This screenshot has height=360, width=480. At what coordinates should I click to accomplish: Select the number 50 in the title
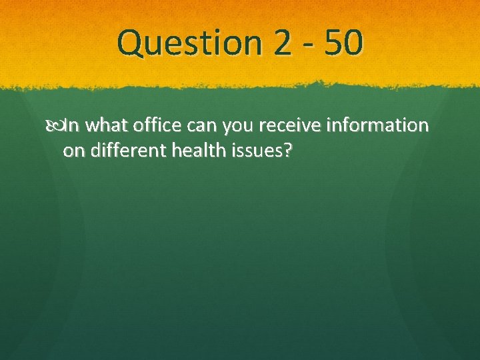[x=345, y=43]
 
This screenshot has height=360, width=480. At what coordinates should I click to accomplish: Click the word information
[x=384, y=125]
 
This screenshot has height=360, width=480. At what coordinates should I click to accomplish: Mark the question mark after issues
[x=287, y=150]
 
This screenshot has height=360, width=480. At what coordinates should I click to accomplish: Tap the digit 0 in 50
[x=354, y=43]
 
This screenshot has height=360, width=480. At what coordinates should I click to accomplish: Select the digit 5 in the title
[x=335, y=43]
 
